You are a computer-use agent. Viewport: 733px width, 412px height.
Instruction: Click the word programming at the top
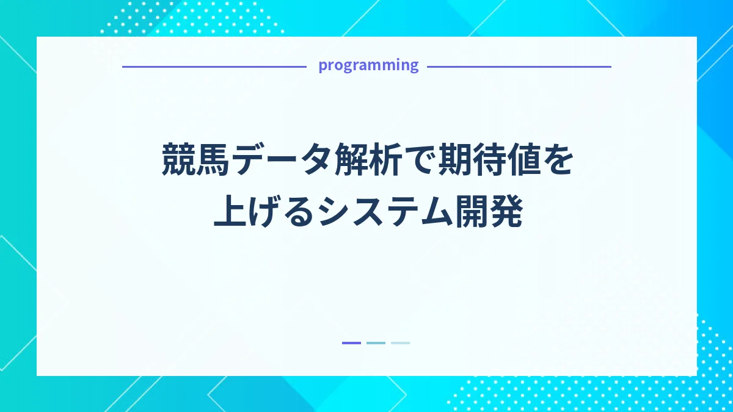(x=368, y=65)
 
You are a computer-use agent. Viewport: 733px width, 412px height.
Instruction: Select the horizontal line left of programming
(x=214, y=67)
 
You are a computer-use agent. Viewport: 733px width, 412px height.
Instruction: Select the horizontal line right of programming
(x=519, y=67)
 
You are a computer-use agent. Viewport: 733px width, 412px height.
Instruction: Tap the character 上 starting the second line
(x=228, y=214)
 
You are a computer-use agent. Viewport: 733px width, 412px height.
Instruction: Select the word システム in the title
(x=385, y=214)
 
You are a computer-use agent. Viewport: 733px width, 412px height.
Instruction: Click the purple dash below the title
(x=351, y=343)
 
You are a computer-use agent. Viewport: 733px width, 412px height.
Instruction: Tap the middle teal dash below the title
(x=376, y=343)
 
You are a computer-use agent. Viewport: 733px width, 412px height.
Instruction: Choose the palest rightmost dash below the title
(x=400, y=343)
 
